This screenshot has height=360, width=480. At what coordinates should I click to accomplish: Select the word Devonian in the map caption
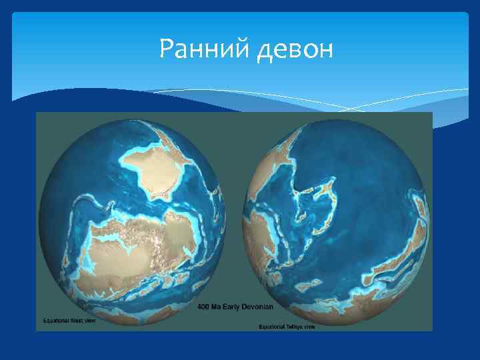257,307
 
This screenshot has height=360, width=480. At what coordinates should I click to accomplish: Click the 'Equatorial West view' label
69,321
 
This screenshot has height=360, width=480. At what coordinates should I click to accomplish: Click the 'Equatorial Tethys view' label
287,327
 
